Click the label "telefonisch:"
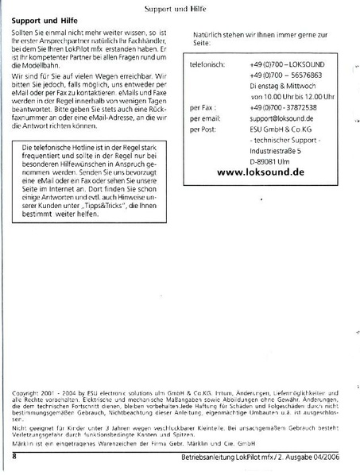208,62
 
